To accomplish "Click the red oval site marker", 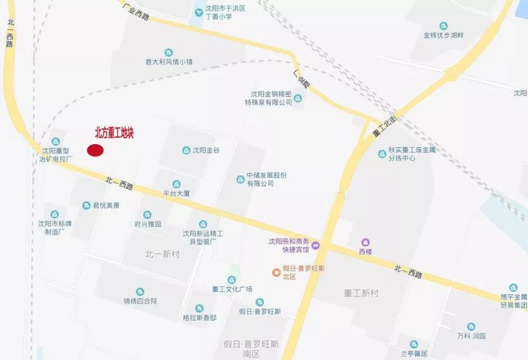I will pos(95,150).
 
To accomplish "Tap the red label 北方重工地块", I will pos(114,134).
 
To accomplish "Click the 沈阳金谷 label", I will pos(206,150).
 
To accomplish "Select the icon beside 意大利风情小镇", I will pos(168,52).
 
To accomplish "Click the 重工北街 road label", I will pos(384,127).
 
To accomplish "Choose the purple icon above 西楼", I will pos(365,242).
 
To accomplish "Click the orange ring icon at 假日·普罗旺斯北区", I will pos(276,272).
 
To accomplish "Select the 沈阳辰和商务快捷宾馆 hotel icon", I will pos(316,245).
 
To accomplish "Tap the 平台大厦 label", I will pos(176,193).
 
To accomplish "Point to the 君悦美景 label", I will pos(106,205).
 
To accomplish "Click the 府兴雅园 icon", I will pos(147,215).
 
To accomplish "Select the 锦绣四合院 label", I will pos(140,301).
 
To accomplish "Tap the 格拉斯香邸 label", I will pos(199,318).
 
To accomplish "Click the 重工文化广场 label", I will pos(232,289).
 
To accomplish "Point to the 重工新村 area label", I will pos(361,293).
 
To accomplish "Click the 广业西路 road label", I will pos(135,11).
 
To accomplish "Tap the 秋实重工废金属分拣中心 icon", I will pos(382,154).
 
